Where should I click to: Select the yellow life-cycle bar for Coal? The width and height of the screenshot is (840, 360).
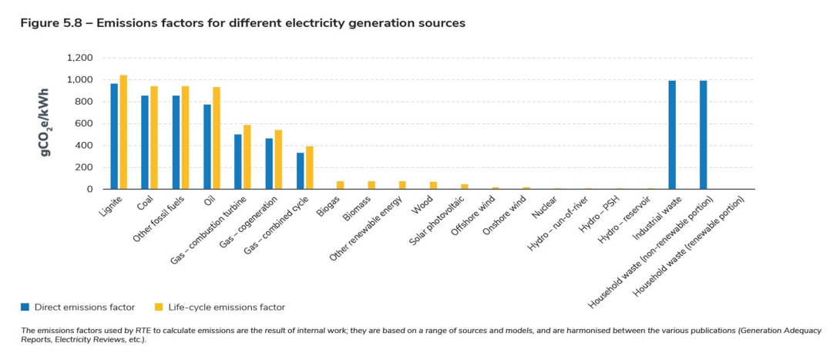[x=154, y=138]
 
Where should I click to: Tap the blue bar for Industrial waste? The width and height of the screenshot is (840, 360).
[x=672, y=135]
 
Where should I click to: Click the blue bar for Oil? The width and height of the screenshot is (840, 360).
[x=207, y=146]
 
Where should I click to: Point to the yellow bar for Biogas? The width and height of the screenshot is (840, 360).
[x=341, y=185]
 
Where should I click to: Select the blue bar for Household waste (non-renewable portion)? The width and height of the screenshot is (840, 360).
[x=704, y=135]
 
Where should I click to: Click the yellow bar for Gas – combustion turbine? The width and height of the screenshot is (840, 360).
[x=247, y=157]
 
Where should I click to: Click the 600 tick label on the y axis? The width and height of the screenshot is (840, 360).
[x=83, y=123]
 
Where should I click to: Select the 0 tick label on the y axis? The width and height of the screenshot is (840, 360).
[x=89, y=189]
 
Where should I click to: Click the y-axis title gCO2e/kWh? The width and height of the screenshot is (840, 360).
[x=48, y=123]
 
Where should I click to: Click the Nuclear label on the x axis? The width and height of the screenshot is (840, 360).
[x=544, y=206]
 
